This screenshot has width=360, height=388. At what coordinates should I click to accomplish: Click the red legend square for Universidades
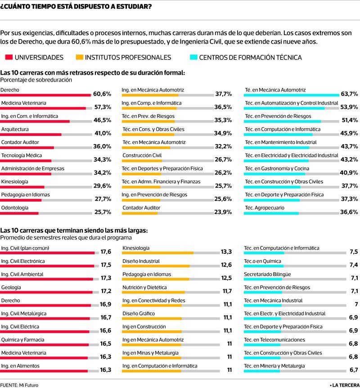click(x=9, y=57)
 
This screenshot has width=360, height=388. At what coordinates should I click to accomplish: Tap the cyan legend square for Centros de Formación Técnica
click(x=193, y=57)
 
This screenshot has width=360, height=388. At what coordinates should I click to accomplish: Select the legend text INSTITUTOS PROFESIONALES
click(x=128, y=58)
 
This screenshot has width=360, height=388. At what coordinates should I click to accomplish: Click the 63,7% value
click(x=349, y=94)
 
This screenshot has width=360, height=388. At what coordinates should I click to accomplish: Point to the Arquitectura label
click(x=15, y=129)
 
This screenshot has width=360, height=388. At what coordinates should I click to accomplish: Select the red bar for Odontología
click(x=19, y=213)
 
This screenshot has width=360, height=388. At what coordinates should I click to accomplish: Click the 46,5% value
click(x=102, y=120)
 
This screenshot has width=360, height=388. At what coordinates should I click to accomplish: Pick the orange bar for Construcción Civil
click(x=142, y=161)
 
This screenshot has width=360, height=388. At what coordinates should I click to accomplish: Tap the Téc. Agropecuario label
click(x=265, y=208)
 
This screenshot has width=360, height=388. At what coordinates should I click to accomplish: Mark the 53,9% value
click(x=349, y=107)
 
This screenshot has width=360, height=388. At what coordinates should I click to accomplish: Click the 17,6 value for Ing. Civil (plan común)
click(x=106, y=252)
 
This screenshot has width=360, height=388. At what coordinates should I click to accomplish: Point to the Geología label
click(x=11, y=288)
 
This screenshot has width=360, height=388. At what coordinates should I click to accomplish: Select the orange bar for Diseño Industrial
click(x=156, y=266)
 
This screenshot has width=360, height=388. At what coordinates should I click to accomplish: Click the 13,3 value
click(x=226, y=252)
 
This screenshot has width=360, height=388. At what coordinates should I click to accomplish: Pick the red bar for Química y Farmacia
click(x=44, y=345)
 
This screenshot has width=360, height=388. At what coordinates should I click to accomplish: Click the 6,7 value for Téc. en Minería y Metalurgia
click(x=354, y=370)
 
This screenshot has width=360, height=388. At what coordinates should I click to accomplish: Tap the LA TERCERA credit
click(x=345, y=385)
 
